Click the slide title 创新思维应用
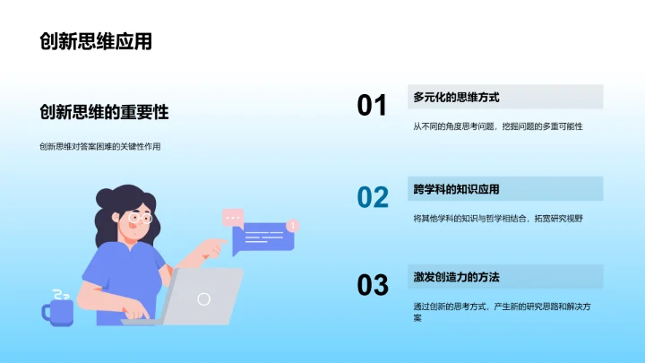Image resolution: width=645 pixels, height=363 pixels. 96,42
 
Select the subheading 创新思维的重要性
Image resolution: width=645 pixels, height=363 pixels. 104,112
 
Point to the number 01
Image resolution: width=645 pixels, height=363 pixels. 372,106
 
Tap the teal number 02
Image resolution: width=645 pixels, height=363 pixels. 373,197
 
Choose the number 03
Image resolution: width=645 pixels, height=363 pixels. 373,285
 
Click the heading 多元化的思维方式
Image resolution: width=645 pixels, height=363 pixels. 456,97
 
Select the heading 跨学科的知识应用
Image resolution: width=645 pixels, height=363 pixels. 456,188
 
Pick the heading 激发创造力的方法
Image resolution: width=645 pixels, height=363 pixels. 456,276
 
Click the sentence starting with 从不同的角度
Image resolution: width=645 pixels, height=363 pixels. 498,126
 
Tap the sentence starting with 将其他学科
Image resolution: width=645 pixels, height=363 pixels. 498,218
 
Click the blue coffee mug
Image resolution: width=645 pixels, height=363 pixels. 57,312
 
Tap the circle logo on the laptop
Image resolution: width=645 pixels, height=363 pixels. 204,299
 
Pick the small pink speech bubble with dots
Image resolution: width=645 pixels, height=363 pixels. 233,216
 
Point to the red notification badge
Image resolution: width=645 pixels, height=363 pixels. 293,225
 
